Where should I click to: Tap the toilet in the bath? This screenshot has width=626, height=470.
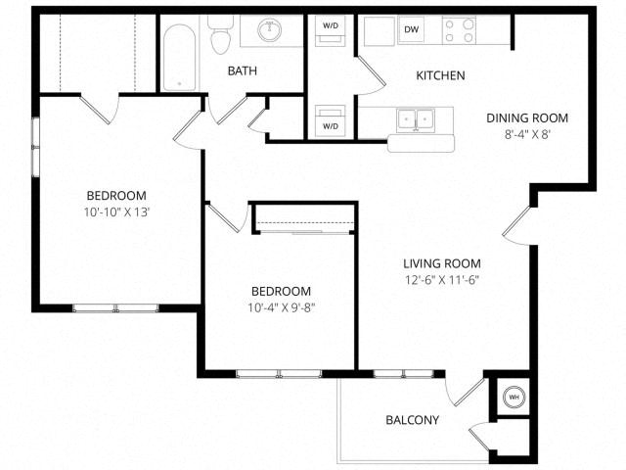(219, 35)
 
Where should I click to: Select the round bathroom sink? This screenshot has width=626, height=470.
(269, 30)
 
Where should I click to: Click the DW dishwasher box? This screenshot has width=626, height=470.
(413, 30)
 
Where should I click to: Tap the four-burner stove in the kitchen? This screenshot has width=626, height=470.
(459, 30)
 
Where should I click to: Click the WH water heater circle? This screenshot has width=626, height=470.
(513, 398)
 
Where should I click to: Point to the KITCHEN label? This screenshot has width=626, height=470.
(440, 75)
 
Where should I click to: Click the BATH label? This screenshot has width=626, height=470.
(243, 70)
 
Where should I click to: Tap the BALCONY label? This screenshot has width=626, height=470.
(411, 421)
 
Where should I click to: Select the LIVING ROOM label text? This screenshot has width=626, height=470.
(441, 263)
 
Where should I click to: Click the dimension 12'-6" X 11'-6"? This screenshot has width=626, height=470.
(441, 280)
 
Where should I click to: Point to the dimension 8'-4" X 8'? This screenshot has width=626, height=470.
(526, 135)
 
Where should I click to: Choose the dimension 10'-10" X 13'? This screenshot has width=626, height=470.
(115, 211)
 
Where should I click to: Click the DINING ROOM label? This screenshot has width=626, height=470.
(526, 118)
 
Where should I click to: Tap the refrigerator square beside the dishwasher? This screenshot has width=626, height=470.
(378, 30)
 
